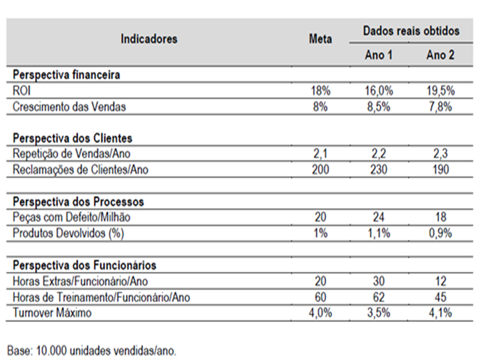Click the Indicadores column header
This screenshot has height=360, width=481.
coord(149,39)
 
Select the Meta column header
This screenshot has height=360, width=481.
coord(320,39)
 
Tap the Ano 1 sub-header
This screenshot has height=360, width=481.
coord(379,55)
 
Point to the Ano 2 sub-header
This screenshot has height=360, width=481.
coord(440,55)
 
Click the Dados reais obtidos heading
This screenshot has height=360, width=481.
coord(411,31)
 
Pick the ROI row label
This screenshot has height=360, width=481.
coord(21,91)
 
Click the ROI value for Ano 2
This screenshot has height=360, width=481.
coord(441,91)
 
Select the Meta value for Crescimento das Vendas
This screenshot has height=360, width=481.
coord(320,107)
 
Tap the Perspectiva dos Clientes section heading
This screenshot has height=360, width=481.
coord(72,138)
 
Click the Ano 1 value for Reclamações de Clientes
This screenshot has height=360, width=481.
coord(379,169)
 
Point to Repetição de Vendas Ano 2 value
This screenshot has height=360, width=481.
coord(441,154)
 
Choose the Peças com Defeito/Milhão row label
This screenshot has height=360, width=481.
coord(71,217)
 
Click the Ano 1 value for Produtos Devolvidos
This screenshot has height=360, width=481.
coord(379,233)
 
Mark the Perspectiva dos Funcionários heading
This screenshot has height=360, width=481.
coord(84,265)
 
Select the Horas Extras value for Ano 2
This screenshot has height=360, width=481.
coord(441,281)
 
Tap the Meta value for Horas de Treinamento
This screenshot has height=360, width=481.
coord(320,297)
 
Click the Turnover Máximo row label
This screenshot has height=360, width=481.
coord(52,313)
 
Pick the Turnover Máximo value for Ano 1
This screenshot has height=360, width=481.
coord(379,313)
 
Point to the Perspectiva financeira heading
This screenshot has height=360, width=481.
coord(66,75)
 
